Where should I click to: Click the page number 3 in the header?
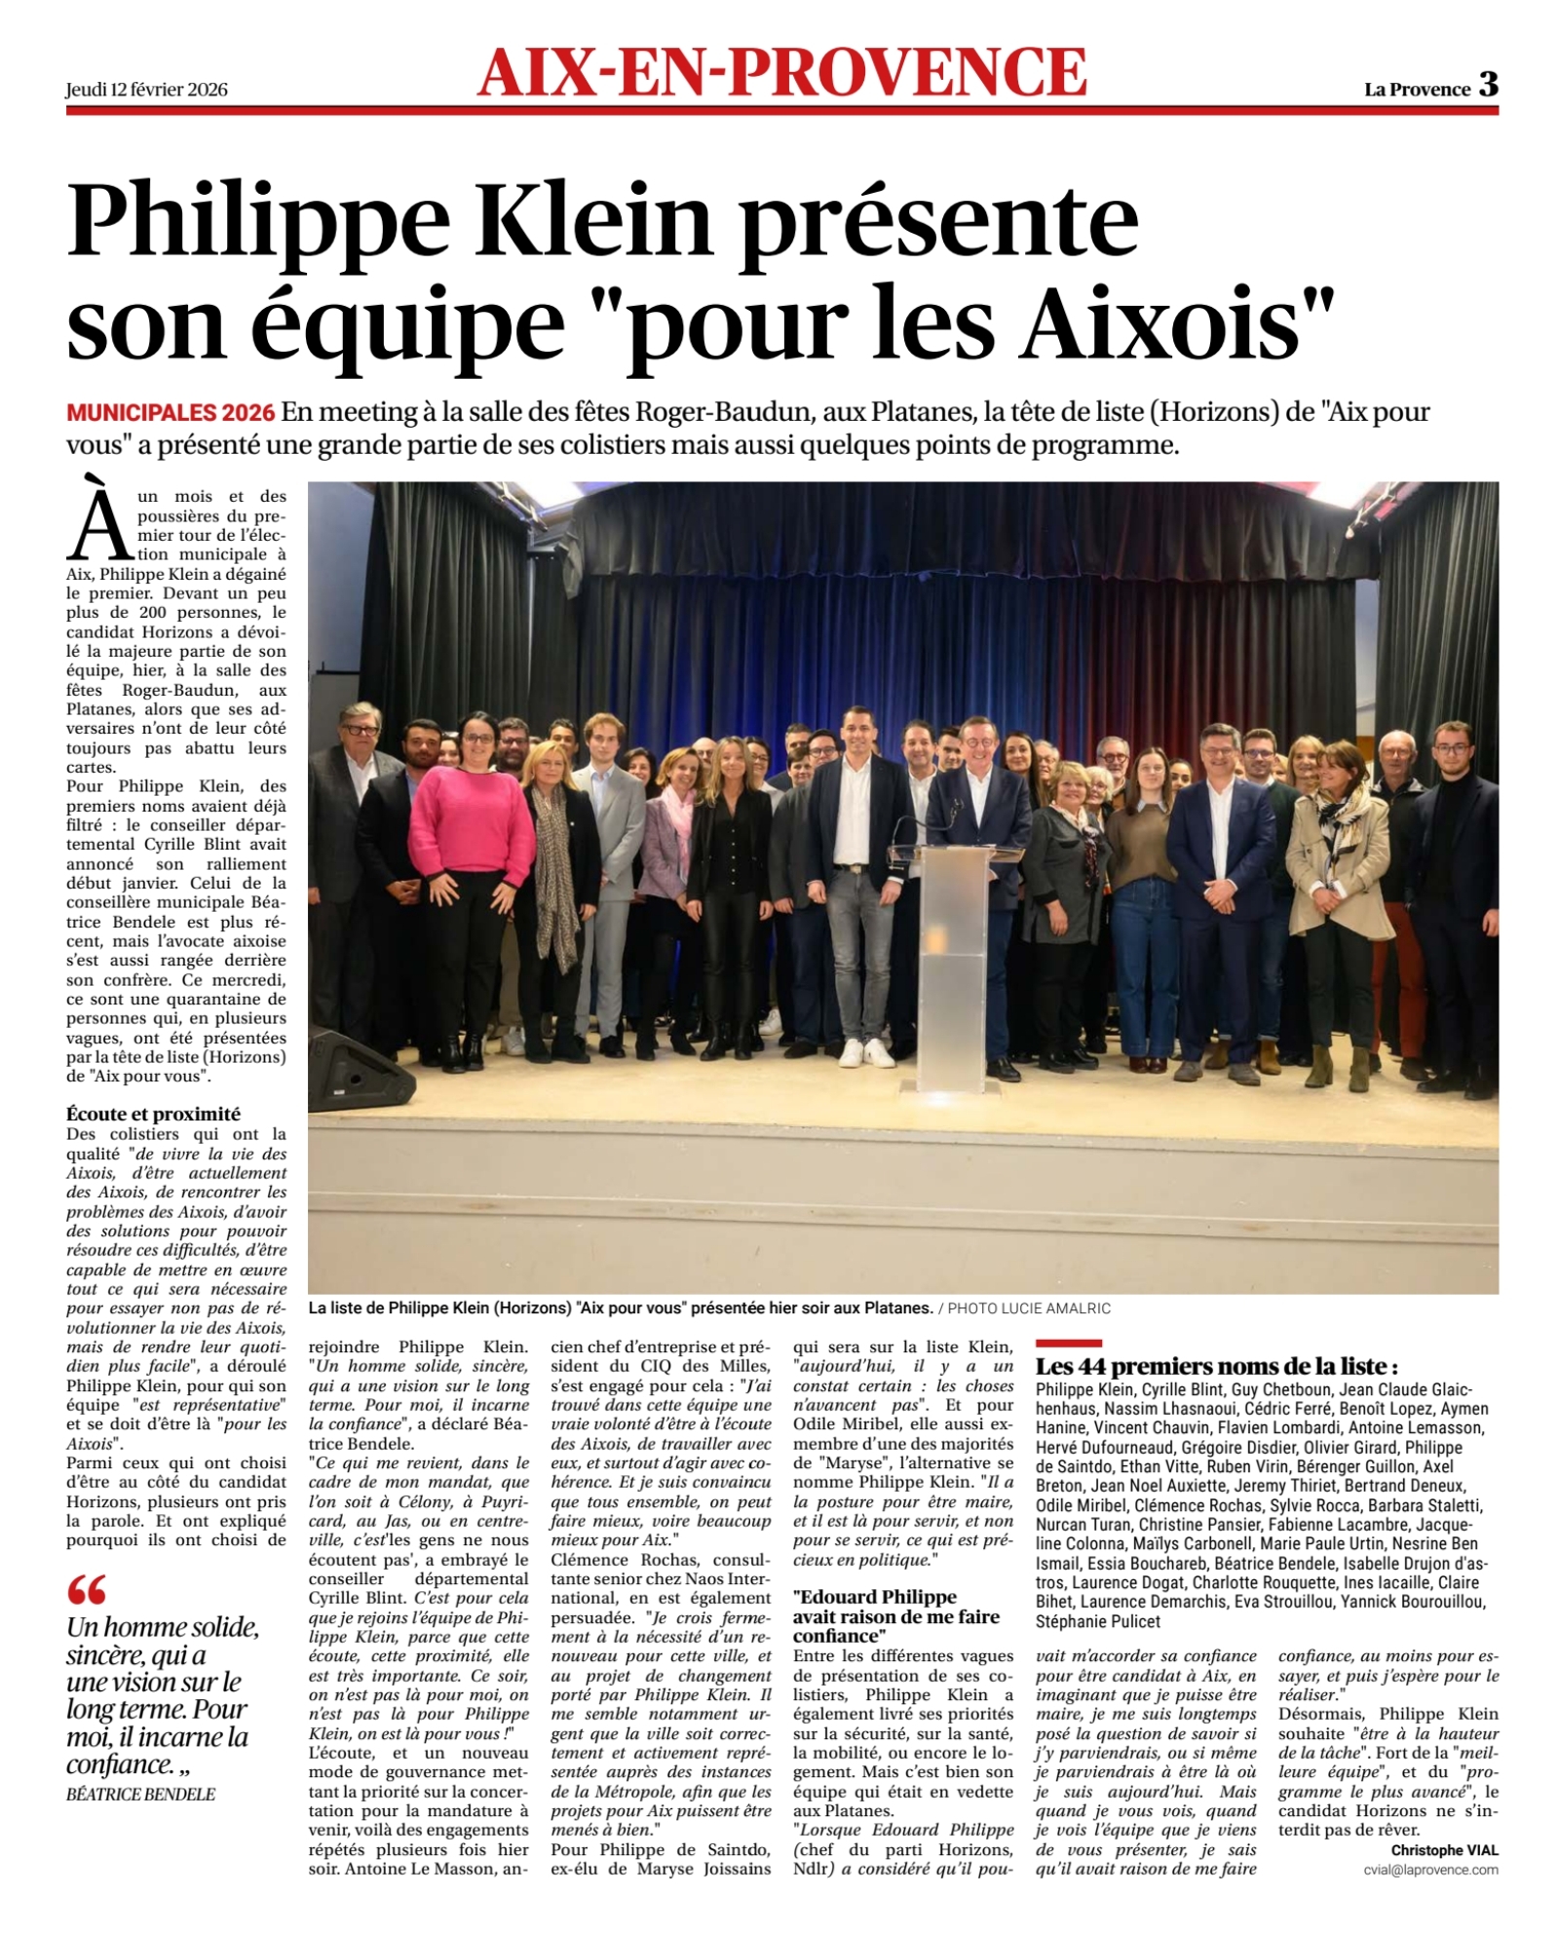coord(1487,85)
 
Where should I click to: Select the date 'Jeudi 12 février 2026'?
coord(147,90)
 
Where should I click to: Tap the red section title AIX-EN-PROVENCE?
coord(781,72)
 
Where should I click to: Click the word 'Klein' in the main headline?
coord(593,220)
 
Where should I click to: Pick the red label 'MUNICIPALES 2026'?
coord(171,413)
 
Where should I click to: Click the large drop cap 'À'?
coord(99,519)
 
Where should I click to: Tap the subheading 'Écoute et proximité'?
coord(153,1114)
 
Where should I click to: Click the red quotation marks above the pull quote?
coord(87,1591)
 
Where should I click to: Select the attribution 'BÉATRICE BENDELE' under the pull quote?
coord(140,1794)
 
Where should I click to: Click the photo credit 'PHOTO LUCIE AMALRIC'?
coord(1029,1308)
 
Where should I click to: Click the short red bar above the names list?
coord(1068,1344)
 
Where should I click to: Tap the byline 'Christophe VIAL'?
coord(1444,1850)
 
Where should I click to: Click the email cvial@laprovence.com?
coord(1430,1870)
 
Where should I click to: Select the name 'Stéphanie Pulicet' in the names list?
coord(1097,1621)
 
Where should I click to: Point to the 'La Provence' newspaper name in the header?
coord(1416,90)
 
